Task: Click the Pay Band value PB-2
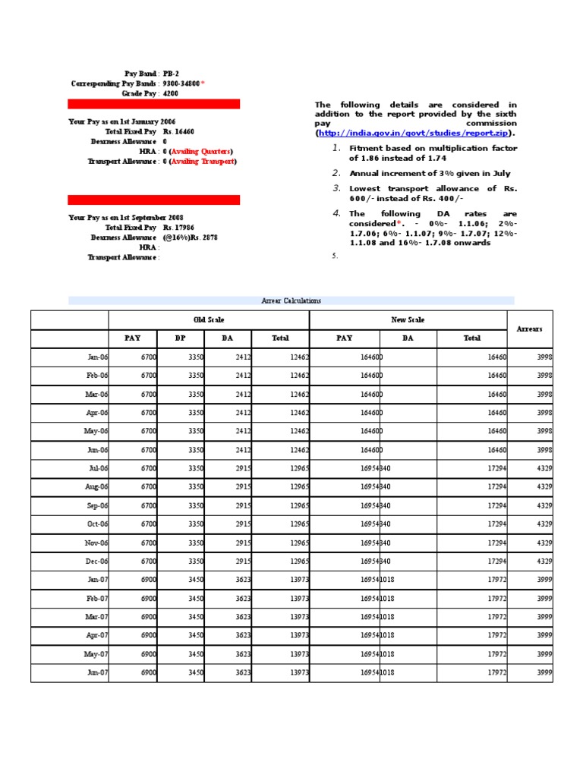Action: point(171,74)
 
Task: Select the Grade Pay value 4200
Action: point(171,93)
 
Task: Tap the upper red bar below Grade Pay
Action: point(154,104)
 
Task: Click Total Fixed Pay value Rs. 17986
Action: point(178,228)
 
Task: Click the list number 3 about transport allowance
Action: point(336,188)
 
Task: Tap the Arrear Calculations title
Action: point(291,300)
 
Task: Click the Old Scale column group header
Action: point(209,320)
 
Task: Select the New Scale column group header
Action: point(408,320)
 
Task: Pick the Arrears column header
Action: point(530,329)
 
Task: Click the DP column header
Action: point(180,338)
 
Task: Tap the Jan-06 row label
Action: point(96,357)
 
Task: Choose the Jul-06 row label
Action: point(98,469)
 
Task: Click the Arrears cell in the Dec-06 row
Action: point(544,562)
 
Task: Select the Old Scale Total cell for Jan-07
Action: point(298,580)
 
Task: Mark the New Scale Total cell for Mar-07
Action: point(496,617)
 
